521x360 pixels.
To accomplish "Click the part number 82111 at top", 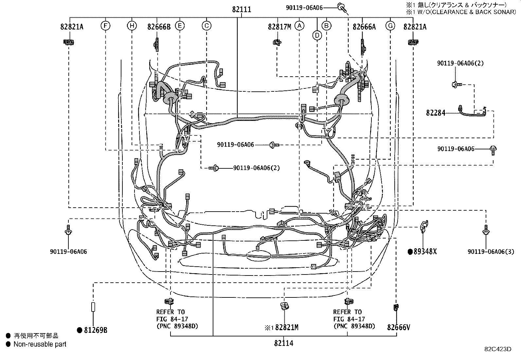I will (x=242, y=9).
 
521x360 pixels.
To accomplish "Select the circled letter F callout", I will (x=105, y=26).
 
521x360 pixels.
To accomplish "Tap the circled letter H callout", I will (x=132, y=26).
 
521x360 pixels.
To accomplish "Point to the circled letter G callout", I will (x=390, y=26).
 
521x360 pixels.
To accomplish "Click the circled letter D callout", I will (x=317, y=35).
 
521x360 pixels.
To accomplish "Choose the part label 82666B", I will (x=159, y=27).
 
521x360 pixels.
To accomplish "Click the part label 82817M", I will (x=279, y=27).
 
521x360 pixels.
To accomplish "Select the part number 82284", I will (x=436, y=113).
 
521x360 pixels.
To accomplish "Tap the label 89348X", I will (x=425, y=252).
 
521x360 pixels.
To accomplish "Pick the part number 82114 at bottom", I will (x=284, y=343).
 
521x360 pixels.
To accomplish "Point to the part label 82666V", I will (x=398, y=327).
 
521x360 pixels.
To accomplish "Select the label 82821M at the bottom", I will (x=286, y=327).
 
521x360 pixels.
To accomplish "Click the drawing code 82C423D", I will (x=498, y=349).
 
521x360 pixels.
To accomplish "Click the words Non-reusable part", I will (x=40, y=344).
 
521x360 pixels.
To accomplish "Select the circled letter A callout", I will (x=299, y=26).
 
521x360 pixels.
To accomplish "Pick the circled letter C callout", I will (x=206, y=26).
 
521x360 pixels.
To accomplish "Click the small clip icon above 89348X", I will (x=424, y=225).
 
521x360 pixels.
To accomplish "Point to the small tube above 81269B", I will (x=93, y=307).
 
